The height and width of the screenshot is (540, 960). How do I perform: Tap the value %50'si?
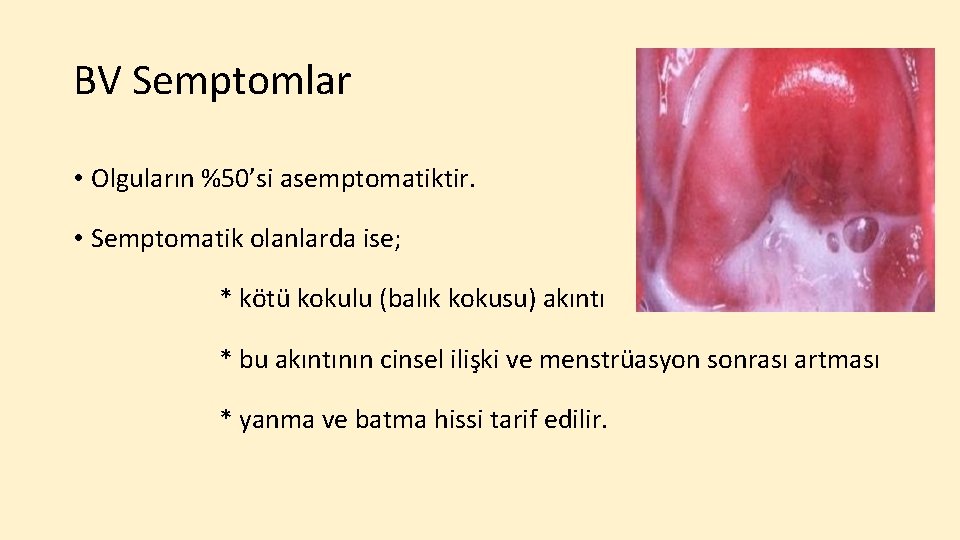(238, 180)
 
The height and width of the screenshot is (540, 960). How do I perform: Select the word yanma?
(275, 419)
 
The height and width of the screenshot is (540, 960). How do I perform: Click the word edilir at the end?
(576, 419)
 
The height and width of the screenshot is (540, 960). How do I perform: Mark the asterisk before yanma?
(226, 417)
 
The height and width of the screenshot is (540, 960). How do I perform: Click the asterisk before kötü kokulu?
(226, 297)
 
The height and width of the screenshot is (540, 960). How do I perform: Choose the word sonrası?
(739, 359)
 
